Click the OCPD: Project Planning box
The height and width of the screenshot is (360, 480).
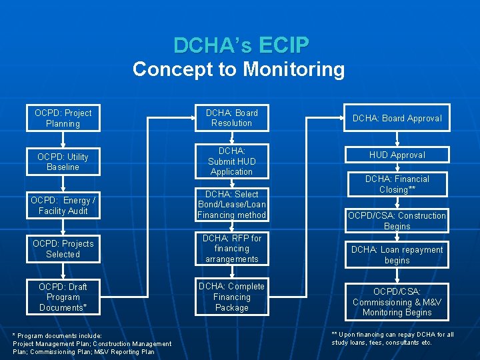click(63, 118)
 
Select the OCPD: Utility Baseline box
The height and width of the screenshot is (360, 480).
click(63, 161)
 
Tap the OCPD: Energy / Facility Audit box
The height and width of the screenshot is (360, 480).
click(63, 205)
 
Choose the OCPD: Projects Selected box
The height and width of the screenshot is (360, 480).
click(63, 249)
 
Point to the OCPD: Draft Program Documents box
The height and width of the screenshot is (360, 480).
click(63, 297)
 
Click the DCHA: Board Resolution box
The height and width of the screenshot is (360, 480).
click(231, 118)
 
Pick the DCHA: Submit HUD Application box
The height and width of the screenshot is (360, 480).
click(231, 161)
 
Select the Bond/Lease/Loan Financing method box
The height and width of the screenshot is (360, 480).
click(231, 205)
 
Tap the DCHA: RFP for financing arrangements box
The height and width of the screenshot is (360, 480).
click(231, 249)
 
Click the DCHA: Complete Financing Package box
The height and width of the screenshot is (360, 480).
click(231, 297)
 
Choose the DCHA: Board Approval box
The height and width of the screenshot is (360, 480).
click(397, 118)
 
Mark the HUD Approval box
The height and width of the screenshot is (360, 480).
click(397, 155)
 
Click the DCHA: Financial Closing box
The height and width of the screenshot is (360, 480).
click(397, 184)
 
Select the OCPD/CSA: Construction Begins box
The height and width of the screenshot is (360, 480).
click(397, 221)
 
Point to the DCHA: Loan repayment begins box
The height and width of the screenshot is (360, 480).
click(397, 255)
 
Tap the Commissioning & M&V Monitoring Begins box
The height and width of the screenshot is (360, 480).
click(397, 302)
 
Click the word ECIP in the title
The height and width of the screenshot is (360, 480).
click(283, 45)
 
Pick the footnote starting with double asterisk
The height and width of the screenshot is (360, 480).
click(393, 339)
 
